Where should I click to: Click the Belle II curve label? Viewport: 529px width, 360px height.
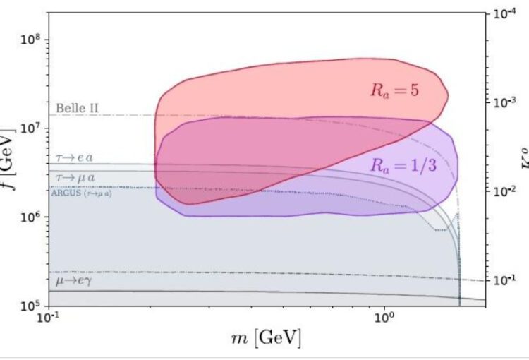pyautogui.click(x=77, y=108)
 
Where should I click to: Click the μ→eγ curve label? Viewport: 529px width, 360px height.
pyautogui.click(x=75, y=281)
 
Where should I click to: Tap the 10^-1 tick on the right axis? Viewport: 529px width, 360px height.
pyautogui.click(x=502, y=280)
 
